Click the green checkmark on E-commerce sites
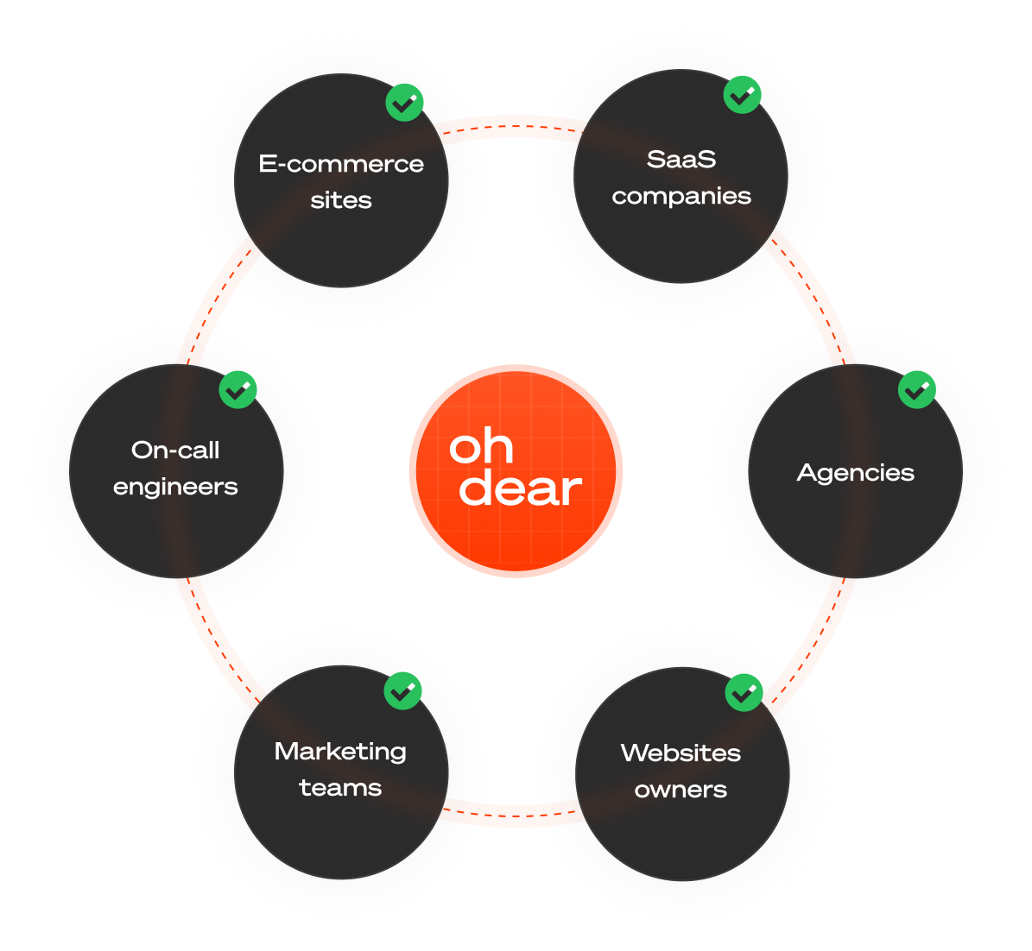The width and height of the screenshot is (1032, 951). [x=404, y=103]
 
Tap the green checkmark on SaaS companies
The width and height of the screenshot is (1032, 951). [x=742, y=94]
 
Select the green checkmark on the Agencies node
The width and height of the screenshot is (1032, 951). [x=917, y=390]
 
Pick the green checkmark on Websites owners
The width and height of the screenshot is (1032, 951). [x=744, y=692]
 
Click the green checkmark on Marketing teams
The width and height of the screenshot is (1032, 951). [x=402, y=690]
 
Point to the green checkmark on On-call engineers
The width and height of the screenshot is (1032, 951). [x=238, y=390]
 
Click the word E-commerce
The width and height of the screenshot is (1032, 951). [x=341, y=164]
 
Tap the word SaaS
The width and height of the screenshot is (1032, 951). [x=681, y=160]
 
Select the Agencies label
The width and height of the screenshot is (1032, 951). [x=855, y=473]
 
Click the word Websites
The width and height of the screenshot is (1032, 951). [x=681, y=753]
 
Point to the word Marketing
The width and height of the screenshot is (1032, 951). [x=340, y=752]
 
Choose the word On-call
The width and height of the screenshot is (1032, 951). [x=175, y=450]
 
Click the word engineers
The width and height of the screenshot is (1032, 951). [x=175, y=487]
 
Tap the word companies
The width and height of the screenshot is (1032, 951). [x=681, y=196]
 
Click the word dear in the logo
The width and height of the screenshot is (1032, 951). [x=520, y=488]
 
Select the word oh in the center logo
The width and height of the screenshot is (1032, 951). [x=481, y=446]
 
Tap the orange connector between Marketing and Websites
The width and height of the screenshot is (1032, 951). [x=511, y=813]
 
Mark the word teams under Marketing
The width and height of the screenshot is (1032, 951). [x=340, y=788]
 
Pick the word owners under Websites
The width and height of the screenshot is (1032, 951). [x=681, y=790]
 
